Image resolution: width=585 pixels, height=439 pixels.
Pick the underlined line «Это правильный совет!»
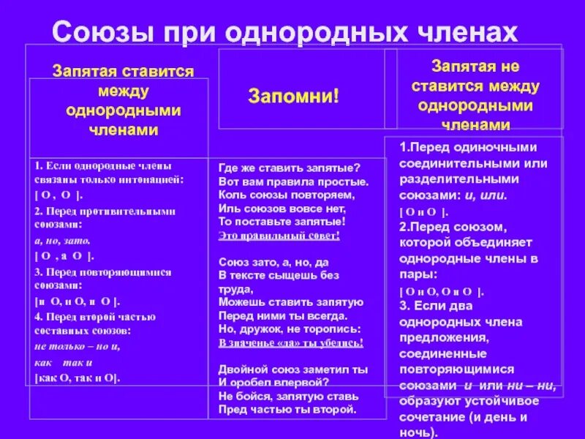coord(279,236)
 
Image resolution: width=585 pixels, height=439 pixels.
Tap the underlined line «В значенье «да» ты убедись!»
coord(290,342)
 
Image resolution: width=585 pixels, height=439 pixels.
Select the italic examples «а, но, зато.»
coord(63,240)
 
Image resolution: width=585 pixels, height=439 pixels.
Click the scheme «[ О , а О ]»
coord(65,256)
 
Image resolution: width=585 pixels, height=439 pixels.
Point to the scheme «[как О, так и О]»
coord(77,378)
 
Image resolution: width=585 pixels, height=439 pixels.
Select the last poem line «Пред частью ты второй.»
coord(286,410)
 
